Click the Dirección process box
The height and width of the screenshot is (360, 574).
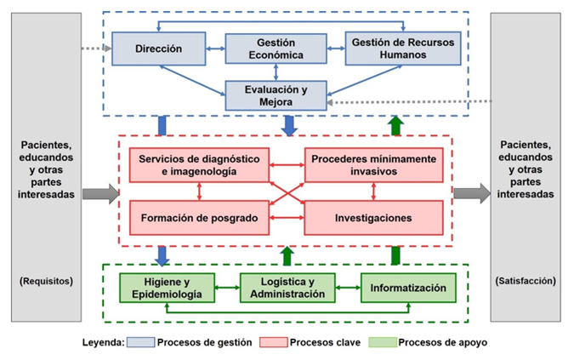pyautogui.click(x=159, y=49)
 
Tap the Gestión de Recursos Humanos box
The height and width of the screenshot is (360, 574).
pyautogui.click(x=403, y=49)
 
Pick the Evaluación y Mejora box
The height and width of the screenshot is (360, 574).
pyautogui.click(x=276, y=95)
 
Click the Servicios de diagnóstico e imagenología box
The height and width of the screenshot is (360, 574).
pyautogui.click(x=200, y=165)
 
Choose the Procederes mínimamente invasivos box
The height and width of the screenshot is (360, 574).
pyautogui.click(x=373, y=165)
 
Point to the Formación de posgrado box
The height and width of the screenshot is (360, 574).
pyautogui.click(x=200, y=217)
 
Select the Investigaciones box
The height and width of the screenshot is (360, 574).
pyautogui.click(x=373, y=217)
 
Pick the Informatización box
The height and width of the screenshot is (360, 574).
pyautogui.click(x=408, y=289)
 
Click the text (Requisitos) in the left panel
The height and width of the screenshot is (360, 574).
pyautogui.click(x=46, y=280)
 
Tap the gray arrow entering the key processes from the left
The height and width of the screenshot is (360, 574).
pyautogui.click(x=100, y=193)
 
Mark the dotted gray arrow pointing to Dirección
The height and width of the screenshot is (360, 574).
pyautogui.click(x=94, y=49)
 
